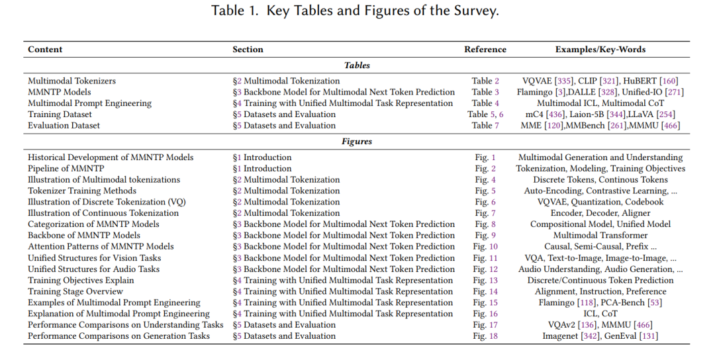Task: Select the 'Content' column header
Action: [45, 50]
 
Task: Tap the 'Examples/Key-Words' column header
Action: [600, 50]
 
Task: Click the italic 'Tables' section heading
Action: [357, 65]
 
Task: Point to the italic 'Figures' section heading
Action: [357, 141]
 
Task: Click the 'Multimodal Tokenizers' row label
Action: [71, 81]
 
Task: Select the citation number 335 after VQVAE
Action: [564, 81]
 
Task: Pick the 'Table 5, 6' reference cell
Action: [485, 114]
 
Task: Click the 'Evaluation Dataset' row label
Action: [64, 125]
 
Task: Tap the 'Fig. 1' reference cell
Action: [485, 157]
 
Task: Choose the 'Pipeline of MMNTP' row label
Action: [66, 169]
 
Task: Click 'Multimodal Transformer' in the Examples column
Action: [600, 236]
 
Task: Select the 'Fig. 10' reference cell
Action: [485, 247]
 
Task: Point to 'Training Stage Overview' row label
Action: [75, 292]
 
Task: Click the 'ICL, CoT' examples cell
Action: [600, 314]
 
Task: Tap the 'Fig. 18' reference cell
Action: [485, 336]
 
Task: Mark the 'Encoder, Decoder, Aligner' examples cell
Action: [600, 213]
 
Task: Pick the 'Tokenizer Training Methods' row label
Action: [82, 191]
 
